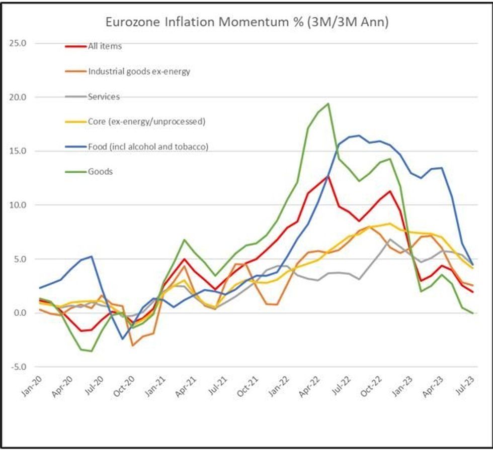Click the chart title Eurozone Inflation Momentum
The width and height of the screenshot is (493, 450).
click(246, 22)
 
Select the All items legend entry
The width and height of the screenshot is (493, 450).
click(105, 46)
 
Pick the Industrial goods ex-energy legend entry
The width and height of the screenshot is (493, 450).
click(139, 71)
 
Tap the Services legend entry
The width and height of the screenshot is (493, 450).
click(104, 96)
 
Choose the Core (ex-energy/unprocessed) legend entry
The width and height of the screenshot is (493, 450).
click(146, 122)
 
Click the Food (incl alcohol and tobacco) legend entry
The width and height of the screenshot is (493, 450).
click(148, 147)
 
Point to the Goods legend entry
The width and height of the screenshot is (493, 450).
click(100, 172)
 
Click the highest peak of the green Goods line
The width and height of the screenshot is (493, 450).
click(328, 103)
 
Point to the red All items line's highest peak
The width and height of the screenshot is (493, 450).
click(328, 176)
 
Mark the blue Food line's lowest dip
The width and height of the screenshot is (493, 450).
click(122, 339)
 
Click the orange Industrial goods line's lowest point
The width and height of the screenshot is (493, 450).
click(132, 346)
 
